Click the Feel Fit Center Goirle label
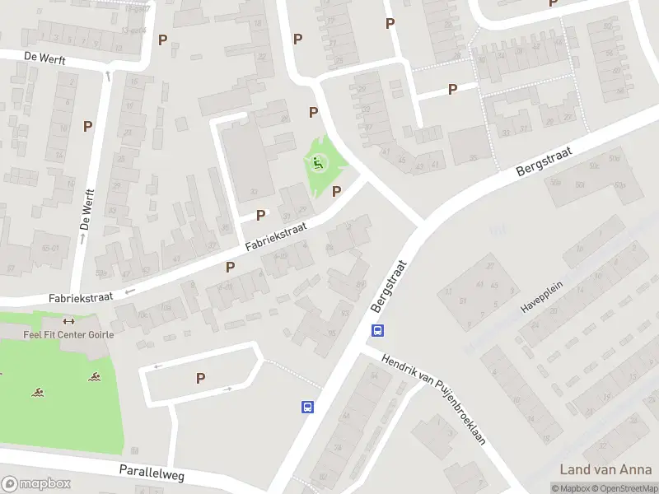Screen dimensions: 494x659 tap(68, 334)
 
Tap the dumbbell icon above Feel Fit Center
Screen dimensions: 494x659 tap(68, 322)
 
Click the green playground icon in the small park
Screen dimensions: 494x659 tap(318, 163)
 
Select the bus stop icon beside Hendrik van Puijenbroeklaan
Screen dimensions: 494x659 tap(376, 331)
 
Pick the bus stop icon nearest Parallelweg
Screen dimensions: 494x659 tap(307, 407)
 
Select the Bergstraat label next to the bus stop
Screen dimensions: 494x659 tap(390, 287)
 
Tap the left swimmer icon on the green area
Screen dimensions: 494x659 tap(38, 392)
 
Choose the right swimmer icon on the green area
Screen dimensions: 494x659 tap(96, 378)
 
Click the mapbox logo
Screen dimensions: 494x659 tap(36, 484)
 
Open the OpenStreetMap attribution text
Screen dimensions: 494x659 tap(623, 489)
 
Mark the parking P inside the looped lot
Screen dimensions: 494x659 tap(200, 377)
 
